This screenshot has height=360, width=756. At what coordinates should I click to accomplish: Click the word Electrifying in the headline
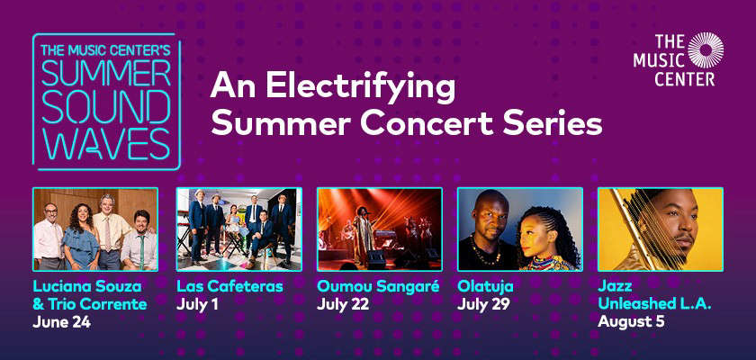pos(360,87)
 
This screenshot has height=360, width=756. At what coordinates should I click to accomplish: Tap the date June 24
pos(62,322)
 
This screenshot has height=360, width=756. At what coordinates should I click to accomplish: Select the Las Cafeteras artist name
pos(229,286)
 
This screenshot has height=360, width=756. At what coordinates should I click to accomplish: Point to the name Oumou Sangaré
pos(378,286)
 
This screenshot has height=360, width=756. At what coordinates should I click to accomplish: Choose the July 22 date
pos(343,304)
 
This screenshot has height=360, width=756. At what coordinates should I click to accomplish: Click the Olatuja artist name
pos(485,286)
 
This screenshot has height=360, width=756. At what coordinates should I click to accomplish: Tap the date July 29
pos(483,304)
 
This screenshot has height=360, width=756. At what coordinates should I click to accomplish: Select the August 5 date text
pos(631,321)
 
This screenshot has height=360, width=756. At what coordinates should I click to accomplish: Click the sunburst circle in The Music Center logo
pos(706,50)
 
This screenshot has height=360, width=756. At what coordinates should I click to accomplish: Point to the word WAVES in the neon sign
pos(106,143)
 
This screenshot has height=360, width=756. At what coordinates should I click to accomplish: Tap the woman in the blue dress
pos(81,238)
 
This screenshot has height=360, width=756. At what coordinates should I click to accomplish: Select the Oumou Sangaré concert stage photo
pos(380,229)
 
